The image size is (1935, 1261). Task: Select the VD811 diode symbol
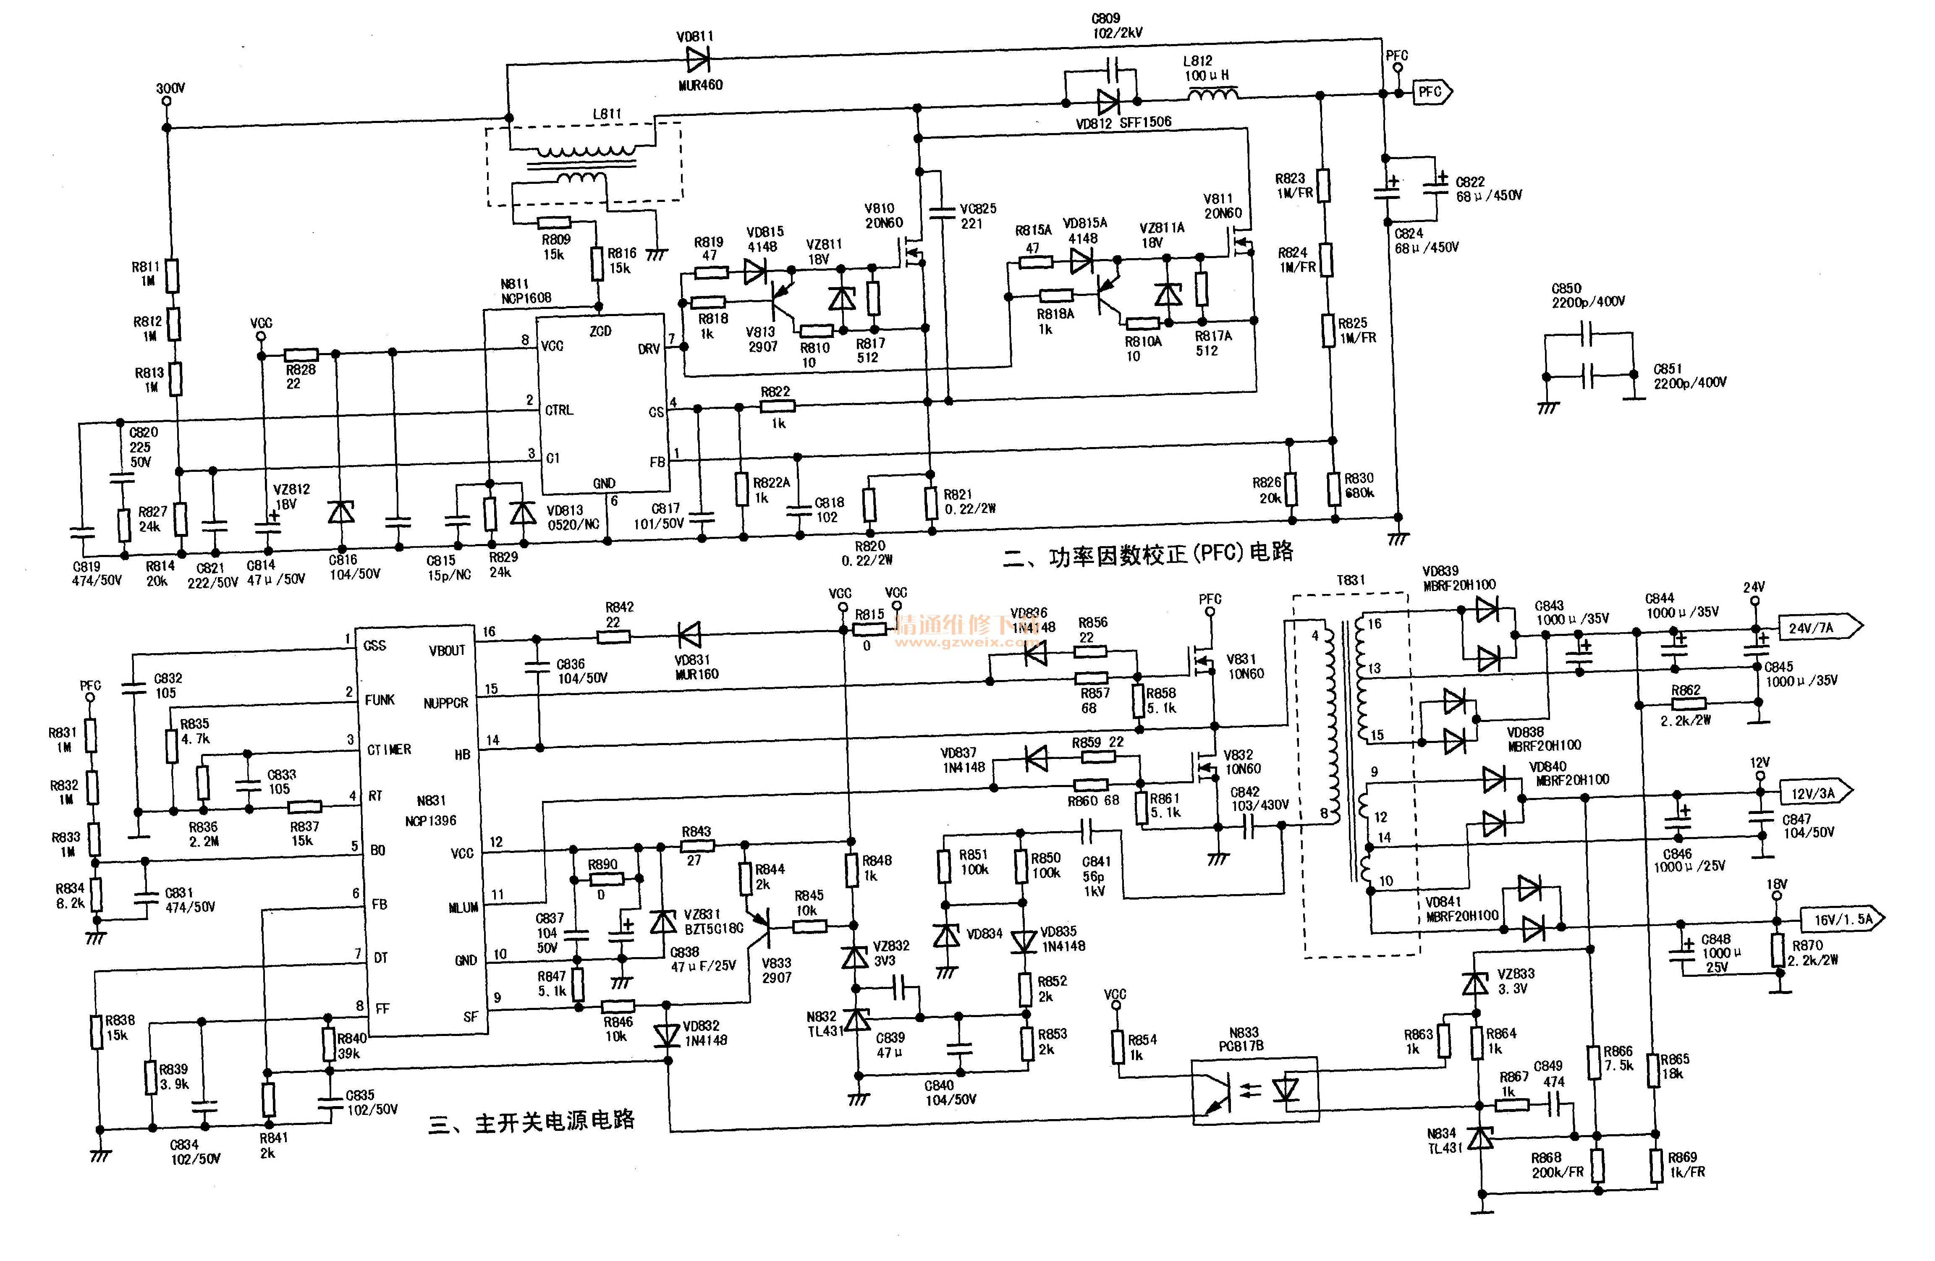698,58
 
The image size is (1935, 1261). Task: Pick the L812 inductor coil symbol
1213,95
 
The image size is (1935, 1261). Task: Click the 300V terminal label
170,88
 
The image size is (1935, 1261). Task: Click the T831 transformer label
1351,580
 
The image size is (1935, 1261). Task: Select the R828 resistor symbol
301,354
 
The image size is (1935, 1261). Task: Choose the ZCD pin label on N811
600,331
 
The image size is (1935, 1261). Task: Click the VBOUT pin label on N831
446,650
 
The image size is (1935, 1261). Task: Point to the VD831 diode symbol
689,634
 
